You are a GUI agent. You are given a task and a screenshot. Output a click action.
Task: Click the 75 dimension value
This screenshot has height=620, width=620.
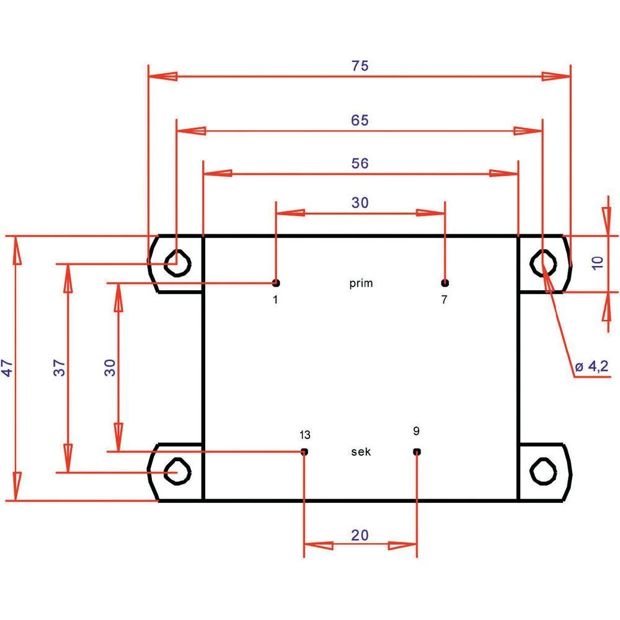[360, 66]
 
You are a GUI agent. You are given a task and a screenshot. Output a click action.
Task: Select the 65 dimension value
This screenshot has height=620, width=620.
[360, 120]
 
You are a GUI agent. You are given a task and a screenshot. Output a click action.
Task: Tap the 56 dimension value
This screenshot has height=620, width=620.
[360, 164]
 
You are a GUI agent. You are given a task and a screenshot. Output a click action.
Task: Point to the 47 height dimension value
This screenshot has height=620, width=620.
[7, 370]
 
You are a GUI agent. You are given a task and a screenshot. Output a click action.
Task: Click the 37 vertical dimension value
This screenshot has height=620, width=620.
[60, 370]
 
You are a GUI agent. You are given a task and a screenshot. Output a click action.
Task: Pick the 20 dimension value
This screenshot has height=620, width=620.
[360, 534]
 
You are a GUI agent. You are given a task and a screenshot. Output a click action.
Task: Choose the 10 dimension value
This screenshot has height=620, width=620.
[597, 262]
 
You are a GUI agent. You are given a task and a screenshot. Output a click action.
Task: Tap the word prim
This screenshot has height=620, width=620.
[361, 283]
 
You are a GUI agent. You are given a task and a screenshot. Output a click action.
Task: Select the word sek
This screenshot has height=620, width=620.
[361, 452]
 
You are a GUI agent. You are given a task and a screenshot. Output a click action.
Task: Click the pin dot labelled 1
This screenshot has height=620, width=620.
[276, 283]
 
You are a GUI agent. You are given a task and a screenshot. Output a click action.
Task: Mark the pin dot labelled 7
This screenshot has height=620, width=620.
[445, 283]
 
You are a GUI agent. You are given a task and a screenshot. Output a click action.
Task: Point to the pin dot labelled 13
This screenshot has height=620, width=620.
[304, 451]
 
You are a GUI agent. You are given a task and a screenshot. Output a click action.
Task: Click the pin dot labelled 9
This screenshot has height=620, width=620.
[417, 451]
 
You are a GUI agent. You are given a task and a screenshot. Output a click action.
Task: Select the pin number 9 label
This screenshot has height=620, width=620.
[415, 430]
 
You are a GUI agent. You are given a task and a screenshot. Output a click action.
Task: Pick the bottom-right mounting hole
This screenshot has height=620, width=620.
[544, 472]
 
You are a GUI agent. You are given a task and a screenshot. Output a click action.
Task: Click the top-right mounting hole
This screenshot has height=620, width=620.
[544, 263]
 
